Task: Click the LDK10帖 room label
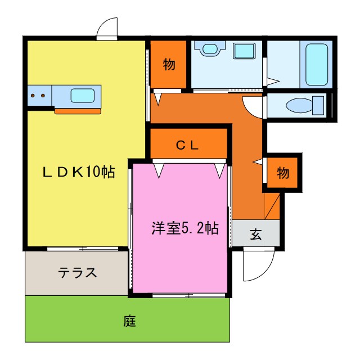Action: click(x=79, y=173)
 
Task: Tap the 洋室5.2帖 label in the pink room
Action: click(x=184, y=228)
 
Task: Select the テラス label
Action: click(x=78, y=273)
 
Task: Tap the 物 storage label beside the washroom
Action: click(x=169, y=65)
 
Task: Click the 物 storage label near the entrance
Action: click(x=283, y=173)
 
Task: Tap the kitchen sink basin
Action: click(x=82, y=96)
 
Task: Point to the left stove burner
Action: click(x=34, y=96)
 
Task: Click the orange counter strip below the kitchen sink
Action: click(x=78, y=111)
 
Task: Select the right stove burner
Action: click(x=42, y=96)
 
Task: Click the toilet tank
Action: click(x=318, y=105)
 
